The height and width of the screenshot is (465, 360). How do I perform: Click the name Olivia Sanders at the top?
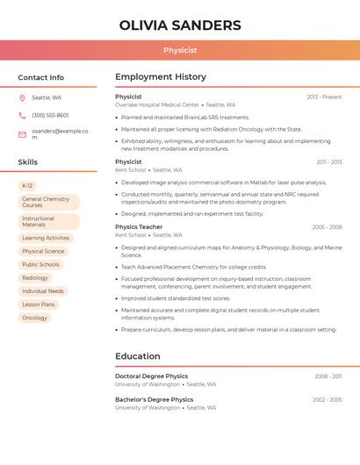179,25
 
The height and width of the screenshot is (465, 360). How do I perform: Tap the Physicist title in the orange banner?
179,50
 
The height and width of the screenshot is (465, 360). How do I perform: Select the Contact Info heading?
40,77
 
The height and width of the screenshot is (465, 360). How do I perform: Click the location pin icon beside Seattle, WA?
22,98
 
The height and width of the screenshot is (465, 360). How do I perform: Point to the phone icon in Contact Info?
22,115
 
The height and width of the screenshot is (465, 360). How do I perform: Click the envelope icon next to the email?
22,134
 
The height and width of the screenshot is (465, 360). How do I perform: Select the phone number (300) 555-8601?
50,115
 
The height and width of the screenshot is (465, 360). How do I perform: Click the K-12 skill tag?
27,186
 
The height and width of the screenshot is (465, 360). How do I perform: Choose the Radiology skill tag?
35,278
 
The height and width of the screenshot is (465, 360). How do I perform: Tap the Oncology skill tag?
34,318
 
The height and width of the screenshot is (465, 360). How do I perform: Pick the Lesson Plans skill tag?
39,304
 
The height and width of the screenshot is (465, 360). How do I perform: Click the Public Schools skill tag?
40,265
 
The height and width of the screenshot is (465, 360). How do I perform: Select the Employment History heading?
161,77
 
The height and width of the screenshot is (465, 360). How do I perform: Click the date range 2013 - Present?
324,97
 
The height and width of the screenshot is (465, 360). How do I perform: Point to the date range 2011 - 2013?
328,162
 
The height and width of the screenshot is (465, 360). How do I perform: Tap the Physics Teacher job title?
139,227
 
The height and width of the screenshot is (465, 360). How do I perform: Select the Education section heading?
138,356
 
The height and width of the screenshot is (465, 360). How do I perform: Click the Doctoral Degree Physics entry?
151,376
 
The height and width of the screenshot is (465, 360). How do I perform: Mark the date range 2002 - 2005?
327,400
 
